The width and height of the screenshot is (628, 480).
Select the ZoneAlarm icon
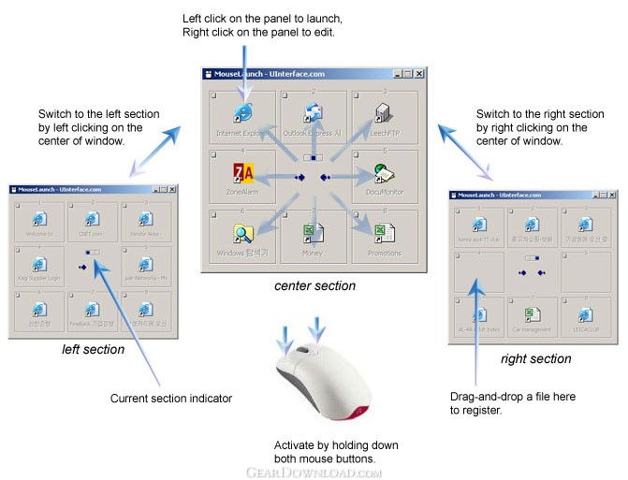point(242,173)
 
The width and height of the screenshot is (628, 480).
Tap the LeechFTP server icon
point(381,113)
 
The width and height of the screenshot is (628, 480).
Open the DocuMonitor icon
point(382,172)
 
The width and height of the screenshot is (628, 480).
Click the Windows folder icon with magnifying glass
point(243,233)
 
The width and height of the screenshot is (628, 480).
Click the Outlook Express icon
point(313,113)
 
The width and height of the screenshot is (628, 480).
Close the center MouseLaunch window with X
point(418,73)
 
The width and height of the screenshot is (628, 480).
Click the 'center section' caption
point(315,285)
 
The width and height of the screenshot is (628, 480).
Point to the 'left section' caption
point(93,349)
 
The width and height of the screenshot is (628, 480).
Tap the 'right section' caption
point(535,358)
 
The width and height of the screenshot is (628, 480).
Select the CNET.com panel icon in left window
point(93,219)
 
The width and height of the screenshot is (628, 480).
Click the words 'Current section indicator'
point(171,399)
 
